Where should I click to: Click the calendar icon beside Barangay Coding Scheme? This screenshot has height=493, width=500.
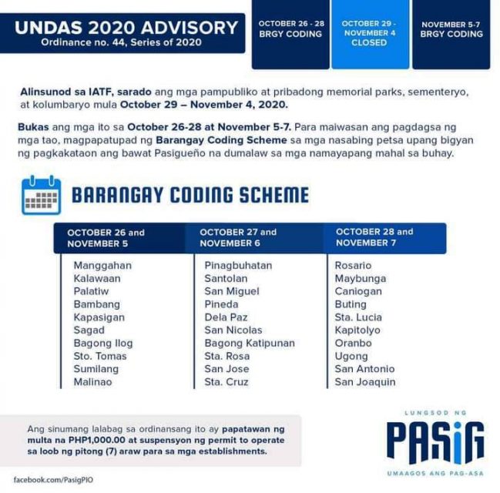pos(41,195)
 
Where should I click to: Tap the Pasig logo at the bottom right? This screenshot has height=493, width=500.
pos(435,441)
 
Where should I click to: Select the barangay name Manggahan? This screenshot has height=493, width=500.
pos(102,265)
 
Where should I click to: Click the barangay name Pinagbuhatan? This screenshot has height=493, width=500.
pos(238,265)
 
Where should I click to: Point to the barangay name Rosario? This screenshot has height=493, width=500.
pos(353,265)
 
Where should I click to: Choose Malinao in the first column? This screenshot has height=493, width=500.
pos(92,382)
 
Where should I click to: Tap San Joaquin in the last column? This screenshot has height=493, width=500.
pos(365,382)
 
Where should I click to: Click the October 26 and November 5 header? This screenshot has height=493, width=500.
pos(106,238)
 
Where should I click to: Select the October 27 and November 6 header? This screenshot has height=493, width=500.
pos(238,237)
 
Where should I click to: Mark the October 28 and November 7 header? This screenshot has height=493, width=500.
pos(374,237)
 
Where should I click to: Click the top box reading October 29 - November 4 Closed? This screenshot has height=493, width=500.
pos(369,33)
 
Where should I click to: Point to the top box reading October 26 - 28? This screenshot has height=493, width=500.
pos(290,29)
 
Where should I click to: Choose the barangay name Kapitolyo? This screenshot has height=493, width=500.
pos(358,330)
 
